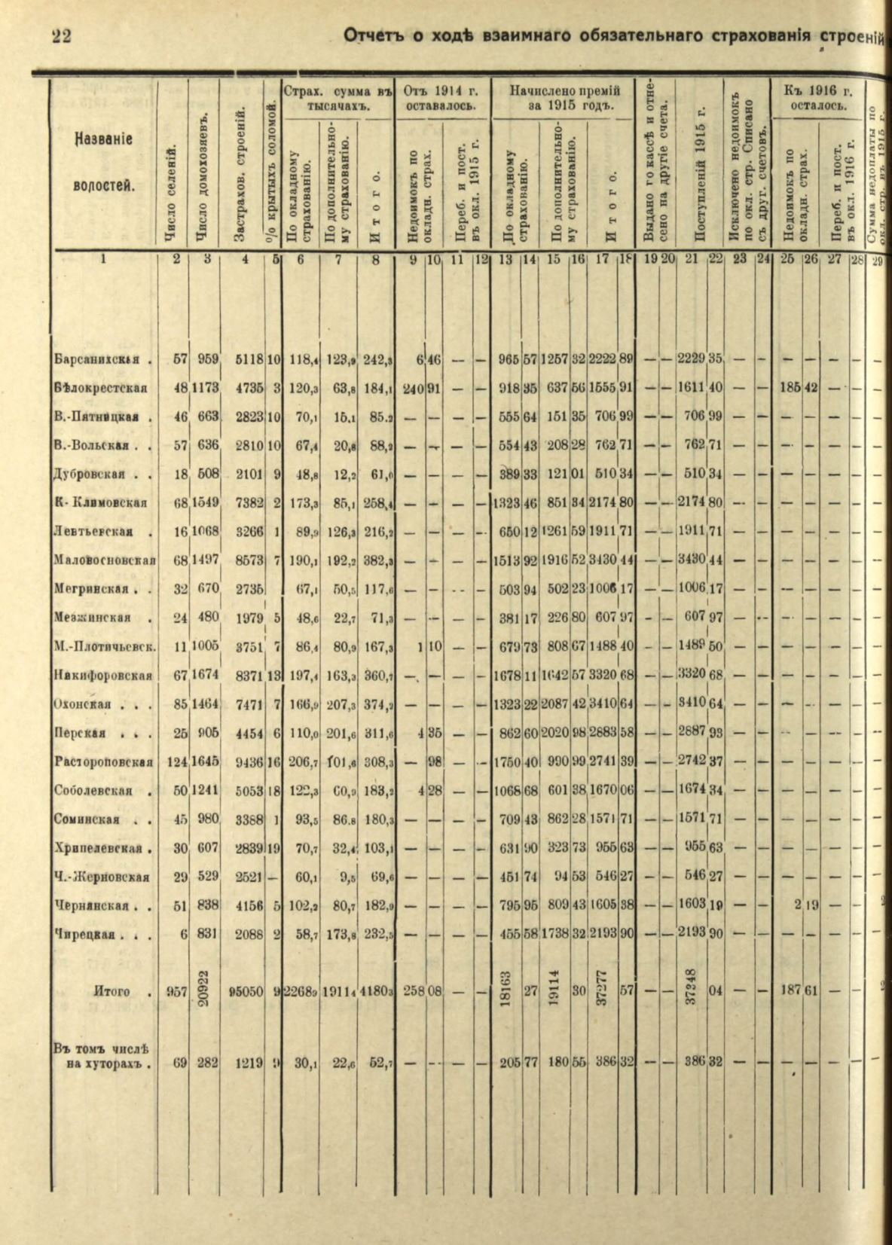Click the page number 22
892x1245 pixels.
(61, 35)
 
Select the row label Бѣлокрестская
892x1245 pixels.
(100, 389)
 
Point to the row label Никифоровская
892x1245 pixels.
(102, 675)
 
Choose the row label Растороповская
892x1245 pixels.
(104, 761)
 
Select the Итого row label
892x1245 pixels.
(113, 991)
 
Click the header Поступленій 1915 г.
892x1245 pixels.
(700, 173)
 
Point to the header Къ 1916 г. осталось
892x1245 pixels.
(817, 99)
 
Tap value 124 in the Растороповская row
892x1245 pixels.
(176, 761)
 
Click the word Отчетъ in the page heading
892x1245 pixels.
(374, 35)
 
